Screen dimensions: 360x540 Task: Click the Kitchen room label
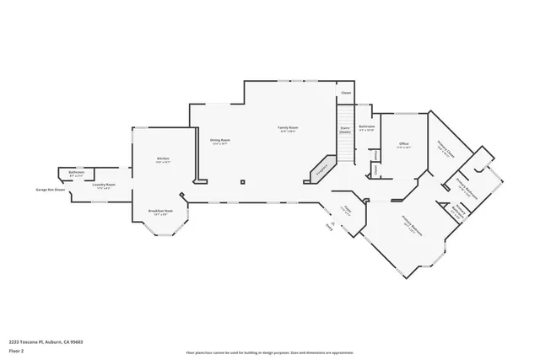pyautogui.click(x=163, y=159)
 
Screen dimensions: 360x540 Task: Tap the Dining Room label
pyautogui.click(x=221, y=140)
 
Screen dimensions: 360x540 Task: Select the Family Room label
pyautogui.click(x=289, y=128)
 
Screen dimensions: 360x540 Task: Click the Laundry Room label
pyautogui.click(x=104, y=184)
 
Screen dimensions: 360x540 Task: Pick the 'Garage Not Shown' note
pyautogui.click(x=50, y=190)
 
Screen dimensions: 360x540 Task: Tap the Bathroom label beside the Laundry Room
pyautogui.click(x=76, y=173)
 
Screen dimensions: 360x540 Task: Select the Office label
pyautogui.click(x=403, y=144)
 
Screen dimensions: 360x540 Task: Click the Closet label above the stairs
pyautogui.click(x=346, y=93)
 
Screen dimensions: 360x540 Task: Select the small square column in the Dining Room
pyautogui.click(x=243, y=180)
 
